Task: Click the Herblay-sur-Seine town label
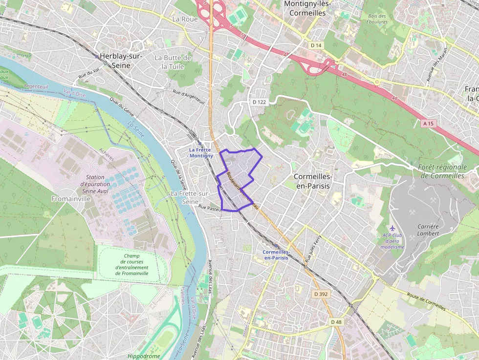coord(121,61)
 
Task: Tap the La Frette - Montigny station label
coord(201,152)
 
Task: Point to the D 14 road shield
coord(317,45)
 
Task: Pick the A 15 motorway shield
coord(428,124)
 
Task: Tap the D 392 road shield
coord(321,294)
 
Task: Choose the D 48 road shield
coord(336,322)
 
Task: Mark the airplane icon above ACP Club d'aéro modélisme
coord(393,228)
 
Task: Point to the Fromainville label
coord(71,199)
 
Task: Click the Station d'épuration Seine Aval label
coord(95,185)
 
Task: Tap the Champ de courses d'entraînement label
coord(131,264)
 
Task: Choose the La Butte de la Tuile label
coord(173,62)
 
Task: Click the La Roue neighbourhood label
coord(185,19)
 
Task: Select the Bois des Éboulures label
coord(377,19)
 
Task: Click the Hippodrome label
coord(143,356)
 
